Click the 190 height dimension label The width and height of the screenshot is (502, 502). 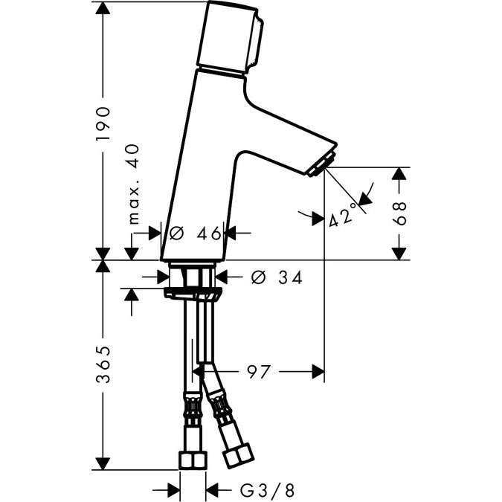point(103,124)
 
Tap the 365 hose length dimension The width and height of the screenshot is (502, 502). point(103,364)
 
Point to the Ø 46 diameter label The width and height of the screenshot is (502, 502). point(196,233)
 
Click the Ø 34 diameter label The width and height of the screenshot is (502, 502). point(277,277)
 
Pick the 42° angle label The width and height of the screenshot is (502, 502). point(343,215)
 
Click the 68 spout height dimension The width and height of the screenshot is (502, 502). point(399,213)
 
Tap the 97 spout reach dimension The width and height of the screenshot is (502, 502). point(259,372)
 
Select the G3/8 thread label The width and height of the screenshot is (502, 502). point(267,490)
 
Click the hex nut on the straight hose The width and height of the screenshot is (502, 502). point(193,460)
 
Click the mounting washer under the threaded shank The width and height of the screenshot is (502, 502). point(193,294)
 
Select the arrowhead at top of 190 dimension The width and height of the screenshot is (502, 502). point(103,8)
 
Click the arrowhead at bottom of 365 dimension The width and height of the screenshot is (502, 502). point(103,463)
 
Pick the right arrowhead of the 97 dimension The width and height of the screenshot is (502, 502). point(318,372)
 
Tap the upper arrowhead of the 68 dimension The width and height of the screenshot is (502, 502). point(399,173)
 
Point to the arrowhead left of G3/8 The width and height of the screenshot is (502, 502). point(173,490)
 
